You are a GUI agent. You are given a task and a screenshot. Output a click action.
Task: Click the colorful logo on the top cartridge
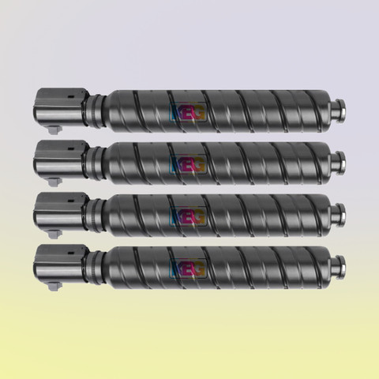[188, 111]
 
